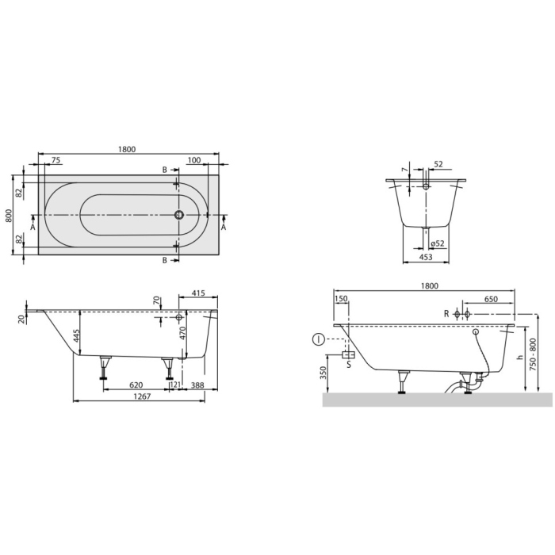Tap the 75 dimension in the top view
(x=55, y=160)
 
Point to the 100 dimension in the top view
(x=194, y=160)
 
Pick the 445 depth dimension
(x=77, y=336)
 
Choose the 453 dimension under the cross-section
(x=426, y=255)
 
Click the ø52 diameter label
(x=437, y=243)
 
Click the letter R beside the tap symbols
(x=446, y=315)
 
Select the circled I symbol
(x=318, y=340)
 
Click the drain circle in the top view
(x=179, y=215)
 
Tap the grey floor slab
(x=437, y=400)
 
